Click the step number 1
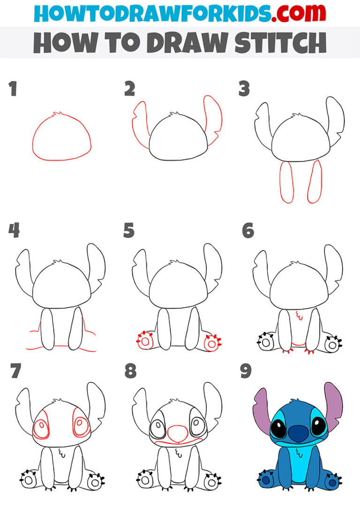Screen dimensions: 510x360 (x=13, y=89)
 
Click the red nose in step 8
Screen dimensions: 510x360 (x=178, y=433)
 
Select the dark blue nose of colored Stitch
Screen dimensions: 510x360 (x=296, y=433)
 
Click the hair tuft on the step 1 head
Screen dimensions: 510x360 (x=59, y=114)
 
